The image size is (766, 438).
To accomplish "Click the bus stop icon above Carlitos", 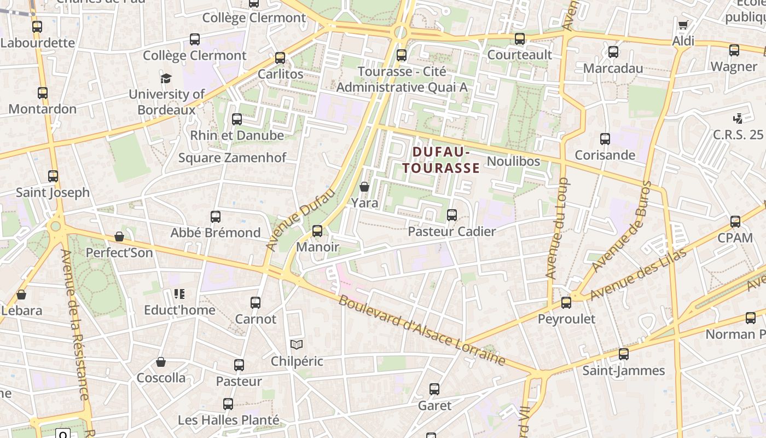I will pos(280,57).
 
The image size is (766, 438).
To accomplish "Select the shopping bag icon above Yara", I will pos(364,187).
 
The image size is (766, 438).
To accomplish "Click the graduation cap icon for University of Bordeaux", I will pos(166,78).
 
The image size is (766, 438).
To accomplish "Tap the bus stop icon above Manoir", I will pos(317,231).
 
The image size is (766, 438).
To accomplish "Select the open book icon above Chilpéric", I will pos(297,345).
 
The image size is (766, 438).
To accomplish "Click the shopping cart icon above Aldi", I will pos(683,25).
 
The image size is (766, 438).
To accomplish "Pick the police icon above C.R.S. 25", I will pos(738,118).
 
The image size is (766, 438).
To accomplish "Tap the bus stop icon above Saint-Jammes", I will pos(624,354).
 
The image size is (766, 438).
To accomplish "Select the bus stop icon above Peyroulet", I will pos(566,302).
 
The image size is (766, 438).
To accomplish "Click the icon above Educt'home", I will pos(179,294).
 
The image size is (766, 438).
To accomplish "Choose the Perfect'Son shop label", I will pos(119,253).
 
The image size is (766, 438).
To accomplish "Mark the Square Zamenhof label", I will pos(233,158).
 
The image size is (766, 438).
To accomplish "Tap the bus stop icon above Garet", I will pos(434,389).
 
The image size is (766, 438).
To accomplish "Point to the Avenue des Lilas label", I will pos(638,274).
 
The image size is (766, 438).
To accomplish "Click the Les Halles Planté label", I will pos(229,420).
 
